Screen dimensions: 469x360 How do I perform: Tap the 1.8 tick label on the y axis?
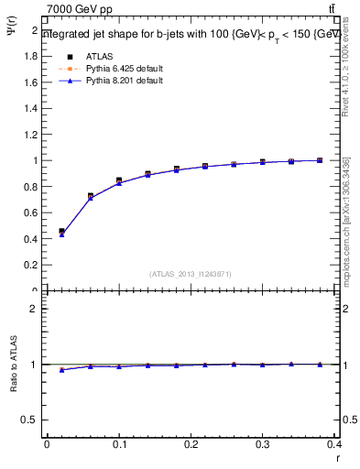pos(30,56)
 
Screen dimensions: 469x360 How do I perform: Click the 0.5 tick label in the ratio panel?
pos(30,420)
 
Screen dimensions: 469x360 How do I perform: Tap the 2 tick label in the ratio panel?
pos(34,309)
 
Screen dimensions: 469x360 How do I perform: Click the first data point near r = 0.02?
pos(61,232)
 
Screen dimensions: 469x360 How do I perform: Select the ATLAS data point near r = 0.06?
pos(90,196)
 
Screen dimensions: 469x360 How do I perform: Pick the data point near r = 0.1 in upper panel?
pos(119,180)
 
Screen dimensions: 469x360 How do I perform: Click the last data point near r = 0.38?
pos(320,160)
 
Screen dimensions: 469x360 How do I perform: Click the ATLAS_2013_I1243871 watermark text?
pos(191,273)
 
